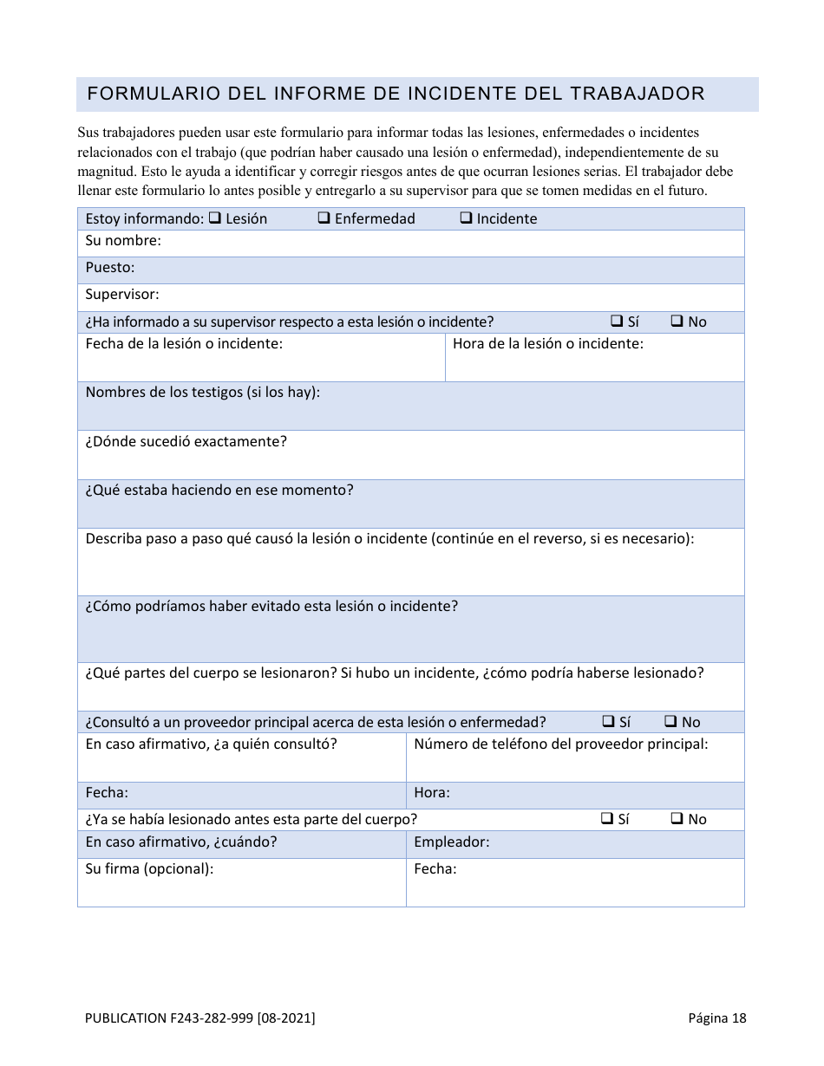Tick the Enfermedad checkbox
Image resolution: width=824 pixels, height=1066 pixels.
click(324, 218)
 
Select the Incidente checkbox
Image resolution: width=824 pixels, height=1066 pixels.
click(466, 218)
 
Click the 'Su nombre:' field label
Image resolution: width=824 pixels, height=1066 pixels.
click(123, 241)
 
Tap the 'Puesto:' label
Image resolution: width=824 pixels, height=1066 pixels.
click(110, 268)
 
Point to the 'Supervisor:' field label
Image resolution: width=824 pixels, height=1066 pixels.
click(122, 295)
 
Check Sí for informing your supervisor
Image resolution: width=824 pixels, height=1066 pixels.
click(617, 321)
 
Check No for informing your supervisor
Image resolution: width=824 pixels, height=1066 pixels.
click(677, 321)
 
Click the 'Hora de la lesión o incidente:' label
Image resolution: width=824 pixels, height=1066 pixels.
click(548, 344)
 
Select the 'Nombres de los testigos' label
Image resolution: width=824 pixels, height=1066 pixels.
click(203, 393)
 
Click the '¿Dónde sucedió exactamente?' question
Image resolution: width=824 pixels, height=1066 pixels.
click(186, 442)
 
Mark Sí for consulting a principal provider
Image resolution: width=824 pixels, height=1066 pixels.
click(608, 721)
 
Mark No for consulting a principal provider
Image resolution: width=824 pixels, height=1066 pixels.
click(671, 721)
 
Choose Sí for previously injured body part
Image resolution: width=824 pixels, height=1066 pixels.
click(607, 818)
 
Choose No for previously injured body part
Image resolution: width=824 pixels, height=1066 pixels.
click(677, 818)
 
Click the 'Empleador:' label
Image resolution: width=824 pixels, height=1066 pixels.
click(452, 842)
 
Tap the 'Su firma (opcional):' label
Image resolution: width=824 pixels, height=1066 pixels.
click(149, 869)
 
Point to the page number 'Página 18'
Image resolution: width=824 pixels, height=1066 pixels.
click(717, 1018)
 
